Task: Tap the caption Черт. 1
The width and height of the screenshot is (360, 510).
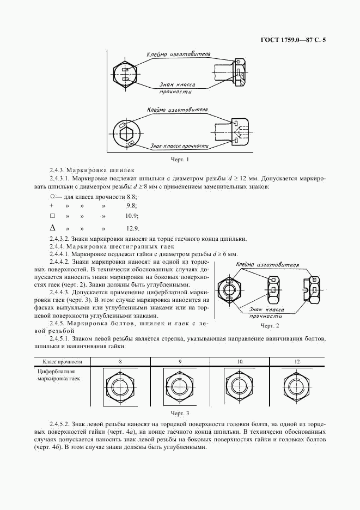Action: (180, 160)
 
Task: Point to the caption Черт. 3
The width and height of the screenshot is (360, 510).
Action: (180, 414)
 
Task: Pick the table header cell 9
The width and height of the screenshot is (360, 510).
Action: (179, 361)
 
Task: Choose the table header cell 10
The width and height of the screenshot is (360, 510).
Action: (240, 361)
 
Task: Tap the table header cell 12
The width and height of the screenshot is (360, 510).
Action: (297, 361)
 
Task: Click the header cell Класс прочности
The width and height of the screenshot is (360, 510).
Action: (62, 361)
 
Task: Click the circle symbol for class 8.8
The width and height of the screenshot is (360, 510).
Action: (52, 196)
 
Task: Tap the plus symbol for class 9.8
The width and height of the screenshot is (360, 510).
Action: (51, 205)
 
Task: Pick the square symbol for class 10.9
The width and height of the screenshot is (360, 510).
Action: (52, 216)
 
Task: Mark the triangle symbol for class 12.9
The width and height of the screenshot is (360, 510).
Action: (52, 228)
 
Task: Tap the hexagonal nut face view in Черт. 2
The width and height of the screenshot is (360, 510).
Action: (230, 287)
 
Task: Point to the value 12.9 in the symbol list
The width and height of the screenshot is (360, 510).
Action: (132, 228)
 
